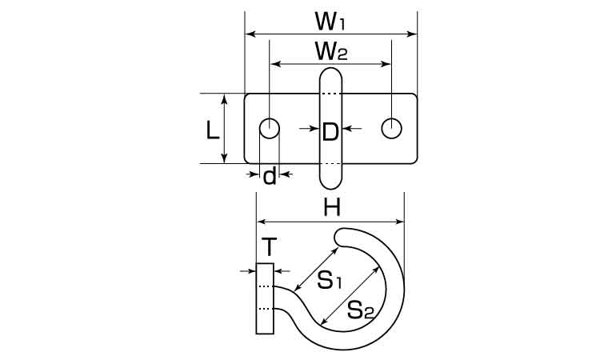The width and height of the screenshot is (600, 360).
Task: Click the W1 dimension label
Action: [330, 22]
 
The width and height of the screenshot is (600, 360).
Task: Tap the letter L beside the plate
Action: [212, 130]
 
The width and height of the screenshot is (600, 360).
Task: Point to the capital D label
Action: [330, 132]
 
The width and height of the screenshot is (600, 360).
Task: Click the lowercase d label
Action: [270, 176]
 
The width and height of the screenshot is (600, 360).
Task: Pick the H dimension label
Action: [331, 209]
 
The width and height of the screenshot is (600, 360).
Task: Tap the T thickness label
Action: [270, 247]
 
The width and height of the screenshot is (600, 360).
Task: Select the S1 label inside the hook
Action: [330, 281]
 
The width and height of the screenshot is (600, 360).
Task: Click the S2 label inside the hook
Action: [360, 310]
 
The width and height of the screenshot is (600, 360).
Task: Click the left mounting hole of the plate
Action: [270, 128]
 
